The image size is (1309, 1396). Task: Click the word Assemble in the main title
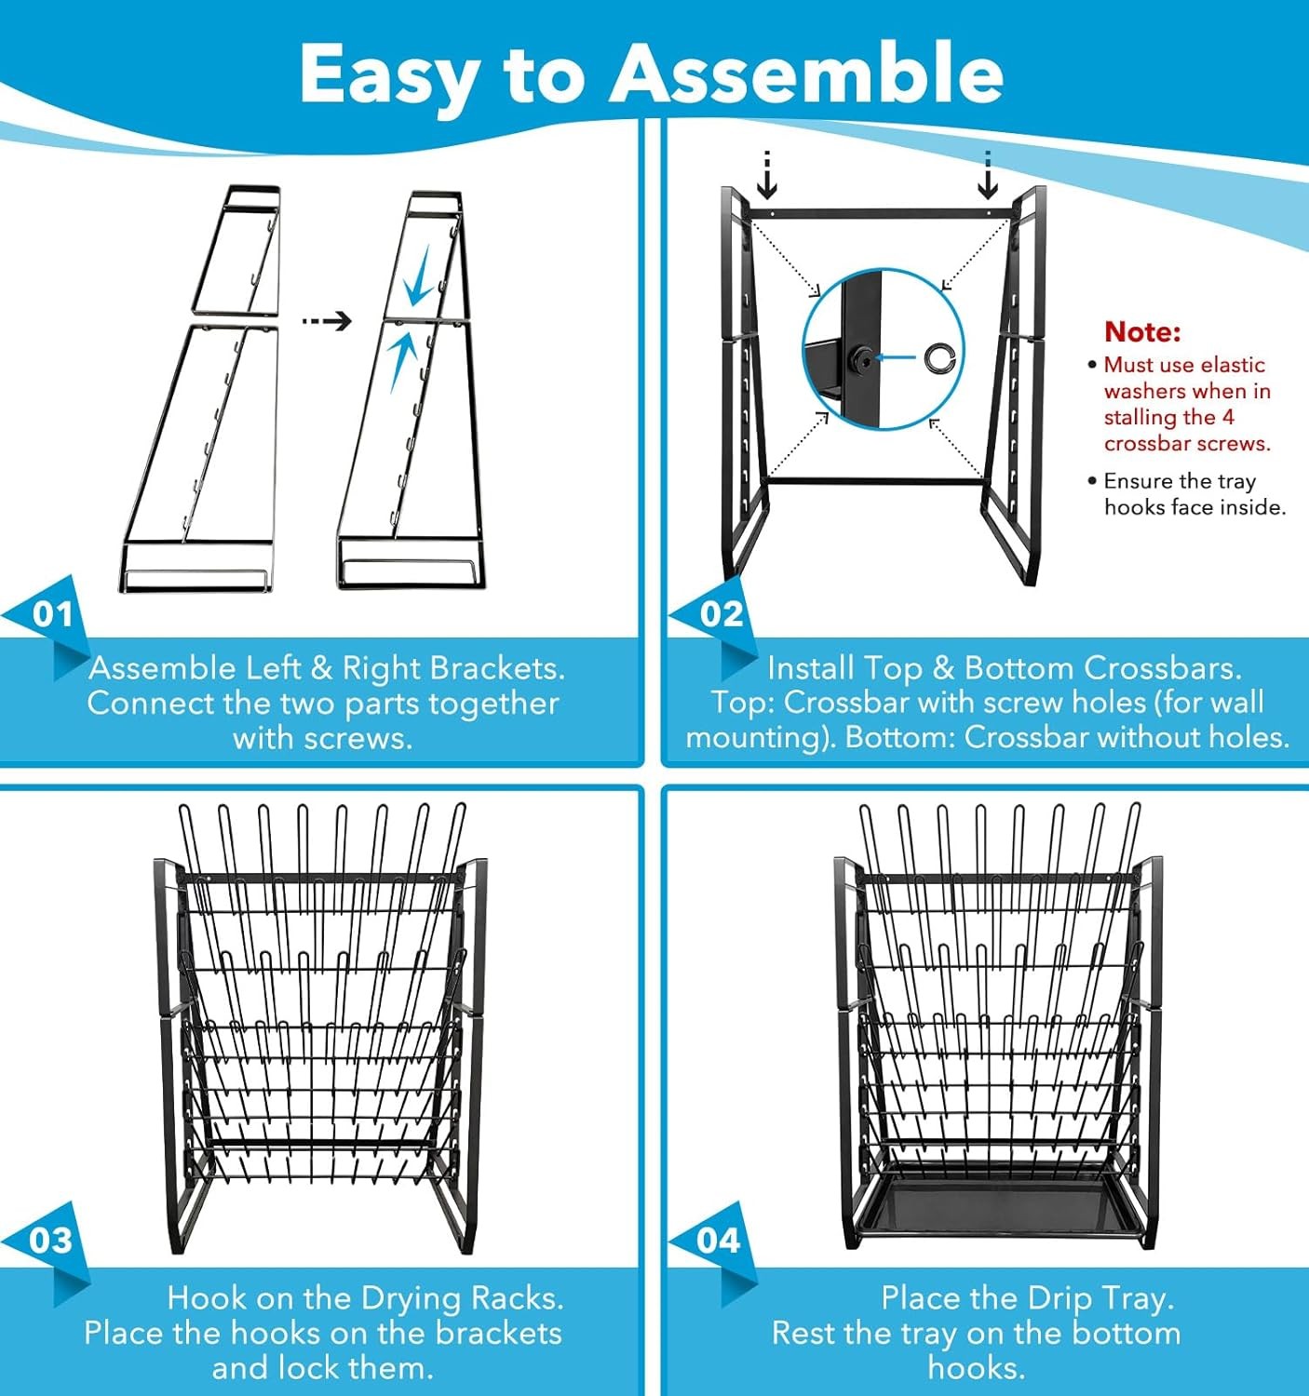pos(806,74)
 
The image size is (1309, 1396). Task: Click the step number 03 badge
pos(50,1242)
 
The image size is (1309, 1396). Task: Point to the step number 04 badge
pos(718,1242)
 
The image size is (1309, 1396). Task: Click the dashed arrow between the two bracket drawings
pos(327,321)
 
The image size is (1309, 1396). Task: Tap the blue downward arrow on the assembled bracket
pos(418,284)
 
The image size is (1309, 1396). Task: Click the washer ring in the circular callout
pos(939,357)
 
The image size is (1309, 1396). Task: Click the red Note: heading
pos(1143,331)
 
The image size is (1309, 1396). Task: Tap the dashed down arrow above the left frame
pos(767,174)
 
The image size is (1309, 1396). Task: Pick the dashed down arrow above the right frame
pos(988,174)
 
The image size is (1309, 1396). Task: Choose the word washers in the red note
pos(1149,391)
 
